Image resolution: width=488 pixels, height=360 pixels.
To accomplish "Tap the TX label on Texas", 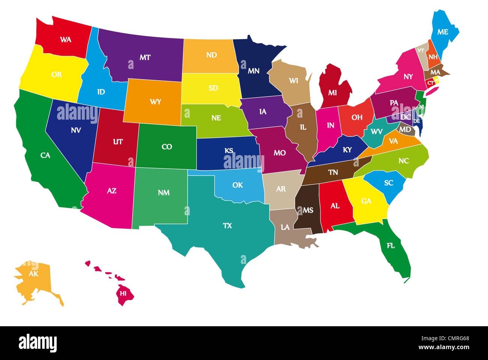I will click(227, 226).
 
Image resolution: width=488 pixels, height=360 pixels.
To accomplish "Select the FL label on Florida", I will click(391, 246).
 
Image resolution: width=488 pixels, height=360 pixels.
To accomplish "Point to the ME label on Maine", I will click(443, 32).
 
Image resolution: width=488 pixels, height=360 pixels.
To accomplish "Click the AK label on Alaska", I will click(34, 274).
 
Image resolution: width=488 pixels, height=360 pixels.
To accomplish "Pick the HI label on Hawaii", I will click(123, 293).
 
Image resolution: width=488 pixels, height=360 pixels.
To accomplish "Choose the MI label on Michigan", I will click(332, 93).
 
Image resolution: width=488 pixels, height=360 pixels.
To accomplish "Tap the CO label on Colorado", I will click(167, 147).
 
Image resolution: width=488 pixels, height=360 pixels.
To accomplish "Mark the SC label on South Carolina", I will click(389, 183).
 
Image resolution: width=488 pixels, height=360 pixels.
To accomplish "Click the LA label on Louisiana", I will click(285, 227).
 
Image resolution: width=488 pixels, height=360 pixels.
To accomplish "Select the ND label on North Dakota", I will click(211, 55).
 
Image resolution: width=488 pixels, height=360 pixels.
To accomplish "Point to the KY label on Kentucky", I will click(347, 150).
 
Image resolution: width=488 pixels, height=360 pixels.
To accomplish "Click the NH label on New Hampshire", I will click(433, 57).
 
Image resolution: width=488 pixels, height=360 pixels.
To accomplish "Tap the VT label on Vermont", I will click(421, 50).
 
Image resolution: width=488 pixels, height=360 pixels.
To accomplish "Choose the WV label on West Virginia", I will click(376, 132).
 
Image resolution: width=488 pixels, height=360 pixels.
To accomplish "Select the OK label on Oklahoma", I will click(237, 185).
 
